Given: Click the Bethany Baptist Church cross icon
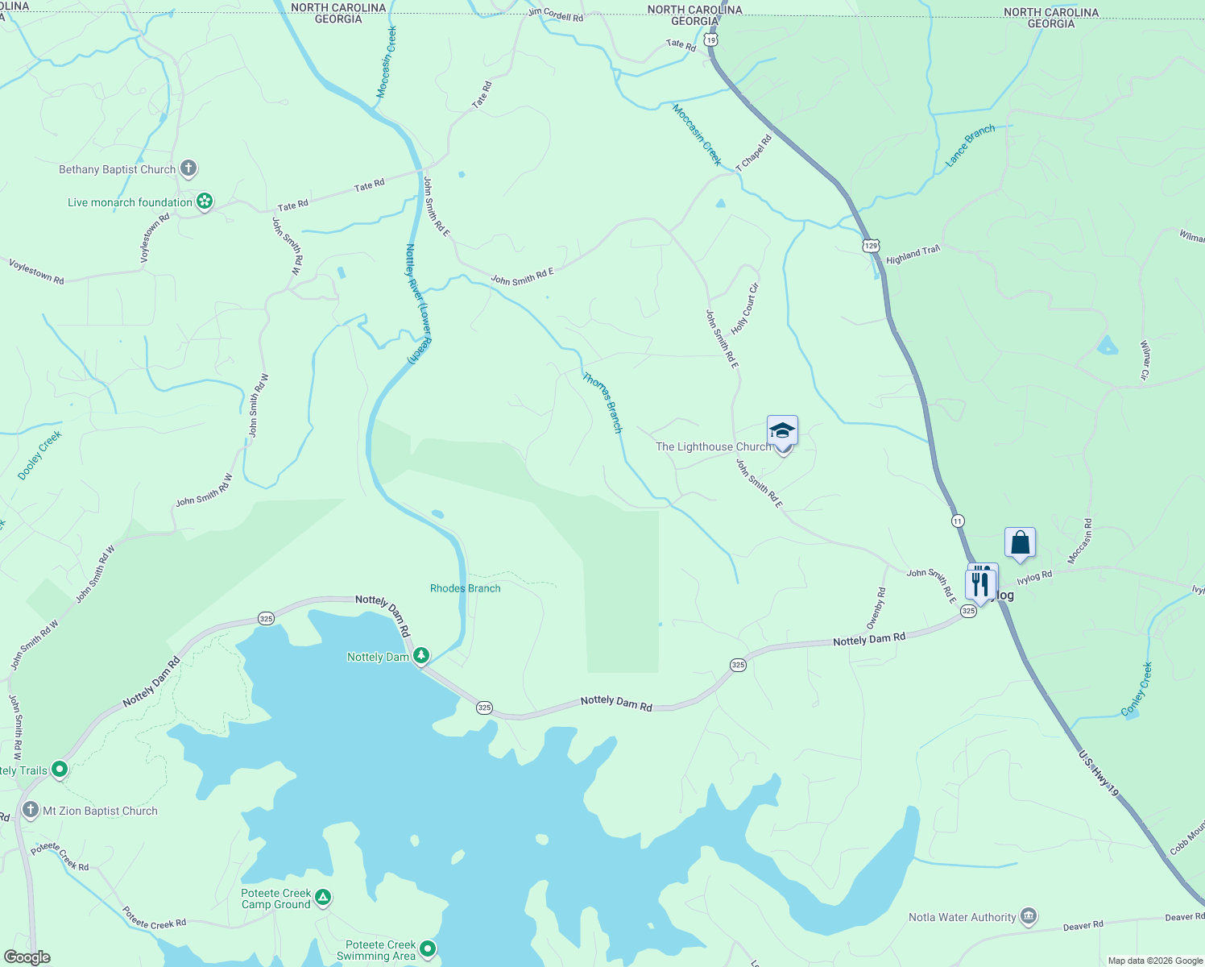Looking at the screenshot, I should pyautogui.click(x=188, y=168).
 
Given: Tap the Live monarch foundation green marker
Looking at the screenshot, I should pyautogui.click(x=205, y=201).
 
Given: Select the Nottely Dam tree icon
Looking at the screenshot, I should pyautogui.click(x=421, y=656).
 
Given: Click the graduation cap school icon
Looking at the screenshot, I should pyautogui.click(x=782, y=430).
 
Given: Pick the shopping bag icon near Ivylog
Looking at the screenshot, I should pyautogui.click(x=1020, y=542).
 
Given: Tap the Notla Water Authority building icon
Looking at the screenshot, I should pyautogui.click(x=1028, y=916).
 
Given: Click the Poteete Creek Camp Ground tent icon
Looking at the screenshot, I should pyautogui.click(x=323, y=897).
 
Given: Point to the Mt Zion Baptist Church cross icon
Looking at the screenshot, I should pyautogui.click(x=31, y=810).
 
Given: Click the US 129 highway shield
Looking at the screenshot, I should pyautogui.click(x=871, y=245).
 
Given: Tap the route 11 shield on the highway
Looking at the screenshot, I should pyautogui.click(x=957, y=521).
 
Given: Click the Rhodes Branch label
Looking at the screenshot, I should pyautogui.click(x=465, y=588).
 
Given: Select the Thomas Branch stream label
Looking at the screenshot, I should pyautogui.click(x=602, y=402).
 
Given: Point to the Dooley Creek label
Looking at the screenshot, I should pyautogui.click(x=40, y=456).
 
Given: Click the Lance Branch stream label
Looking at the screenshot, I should pyautogui.click(x=970, y=146).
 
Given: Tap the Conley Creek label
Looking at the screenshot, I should pyautogui.click(x=1137, y=690).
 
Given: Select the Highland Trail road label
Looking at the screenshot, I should pyautogui.click(x=913, y=255).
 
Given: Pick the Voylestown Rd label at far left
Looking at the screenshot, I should pyautogui.click(x=36, y=271).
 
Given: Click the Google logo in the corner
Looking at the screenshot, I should pyautogui.click(x=27, y=957).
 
